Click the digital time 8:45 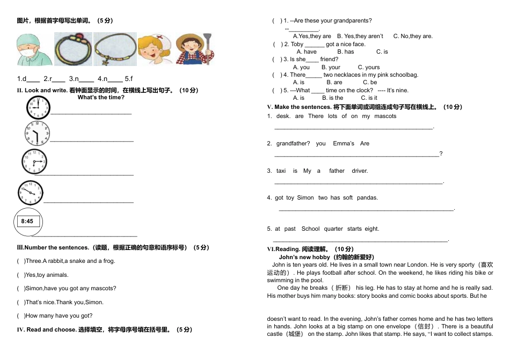click(27, 221)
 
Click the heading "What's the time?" click(101, 98)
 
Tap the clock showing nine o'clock click(38, 107)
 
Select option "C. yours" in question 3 click(369, 67)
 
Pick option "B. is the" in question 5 click(332, 98)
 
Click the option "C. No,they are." click(413, 36)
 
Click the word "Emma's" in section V click(344, 143)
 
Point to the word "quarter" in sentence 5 click(333, 229)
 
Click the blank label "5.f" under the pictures click(129, 79)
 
